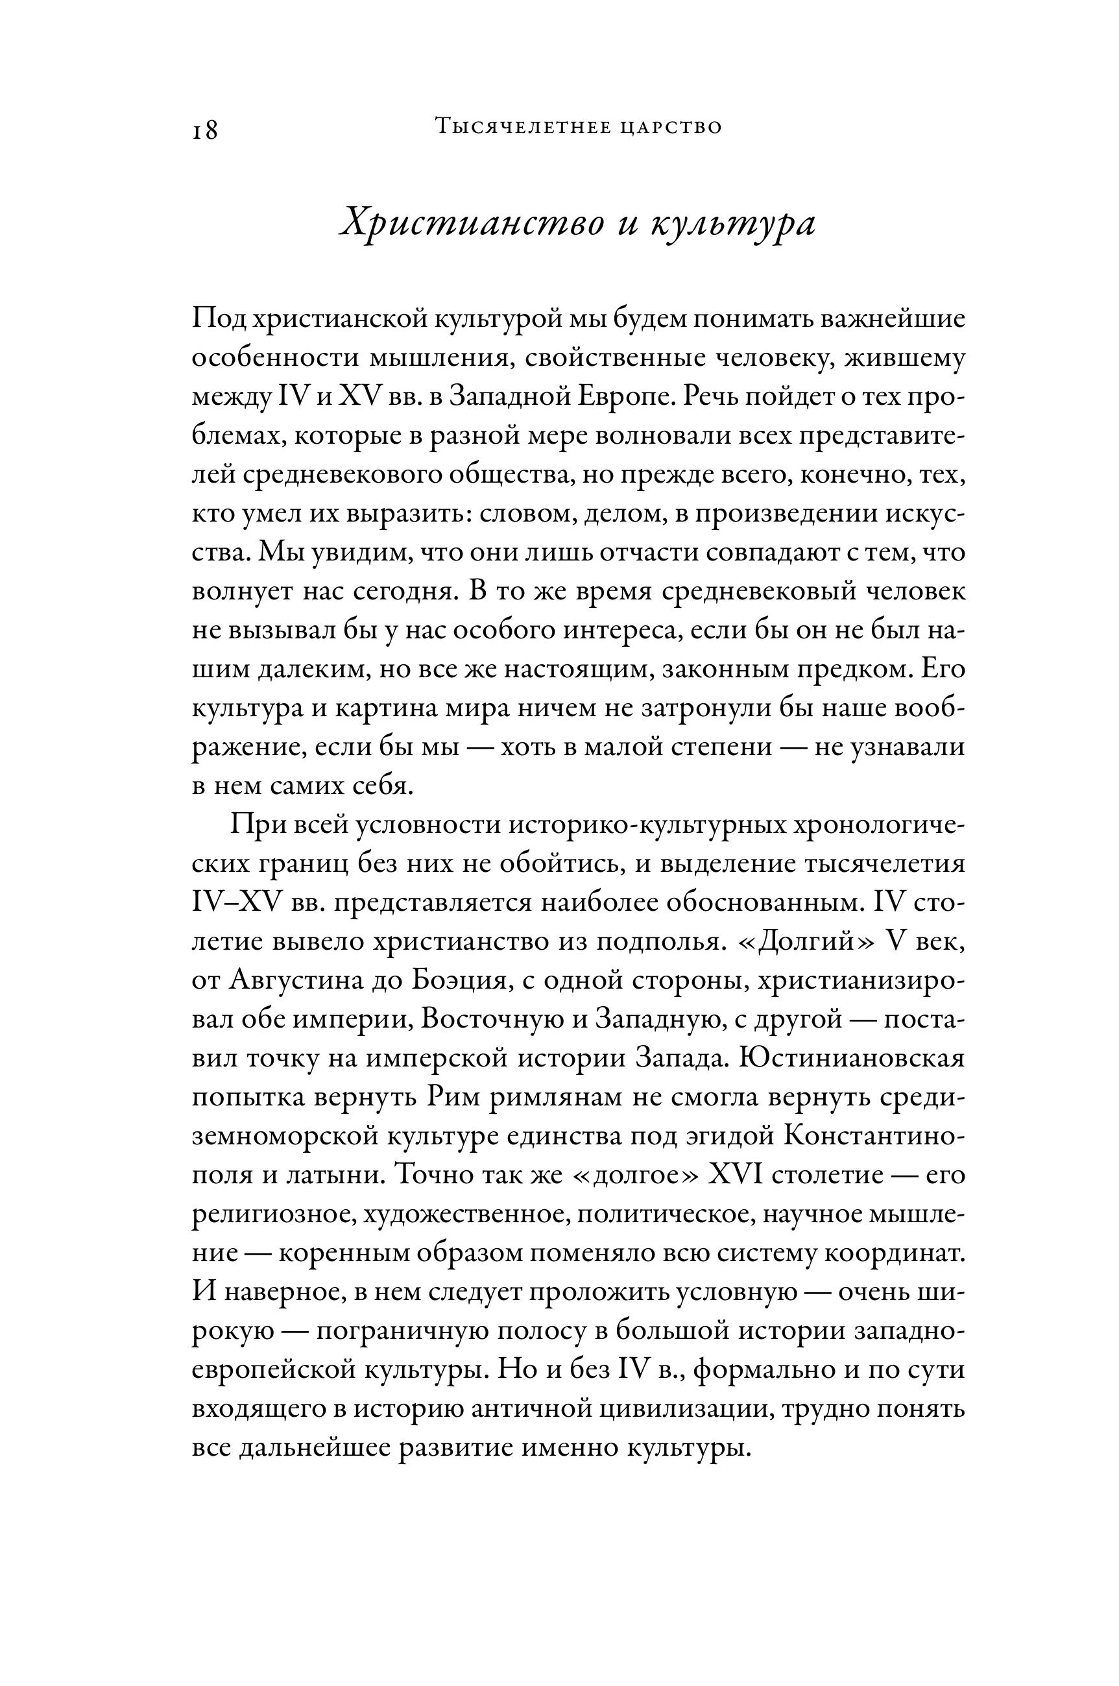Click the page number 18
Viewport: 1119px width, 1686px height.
coord(205,130)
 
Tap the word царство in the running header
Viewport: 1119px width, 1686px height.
coord(671,128)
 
